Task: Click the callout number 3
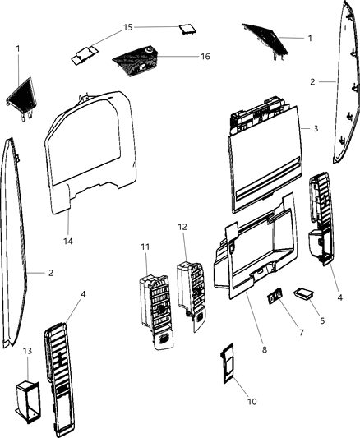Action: [316, 129]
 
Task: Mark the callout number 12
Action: [183, 225]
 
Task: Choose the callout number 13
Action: [27, 351]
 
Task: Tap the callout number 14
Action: [68, 242]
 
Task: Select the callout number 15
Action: [127, 27]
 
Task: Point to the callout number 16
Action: [205, 57]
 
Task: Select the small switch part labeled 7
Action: [275, 295]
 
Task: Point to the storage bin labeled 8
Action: [252, 255]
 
